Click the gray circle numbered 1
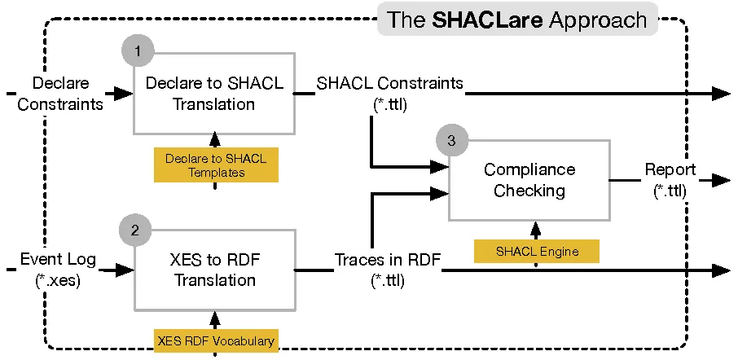(138, 50)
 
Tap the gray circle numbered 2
(135, 230)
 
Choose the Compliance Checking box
(529, 180)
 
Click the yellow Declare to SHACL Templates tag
(215, 165)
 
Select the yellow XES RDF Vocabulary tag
(215, 340)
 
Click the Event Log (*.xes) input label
(57, 270)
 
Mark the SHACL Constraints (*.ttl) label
(389, 93)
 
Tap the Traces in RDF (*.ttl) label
(388, 270)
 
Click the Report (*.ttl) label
(670, 180)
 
